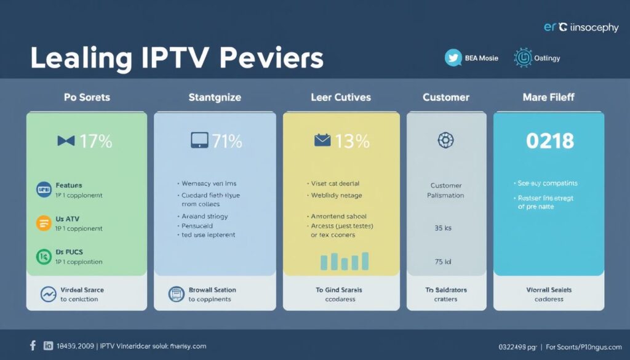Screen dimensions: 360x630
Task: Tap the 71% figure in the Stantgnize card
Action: tap(226, 141)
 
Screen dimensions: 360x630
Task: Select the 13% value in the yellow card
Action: tap(353, 141)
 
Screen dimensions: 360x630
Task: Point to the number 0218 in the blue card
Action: tap(549, 141)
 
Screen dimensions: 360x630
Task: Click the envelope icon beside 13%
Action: tap(322, 141)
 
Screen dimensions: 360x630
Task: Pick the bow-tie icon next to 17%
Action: tap(66, 141)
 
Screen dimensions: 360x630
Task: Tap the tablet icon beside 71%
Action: tap(198, 141)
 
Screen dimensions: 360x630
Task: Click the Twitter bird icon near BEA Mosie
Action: tap(453, 58)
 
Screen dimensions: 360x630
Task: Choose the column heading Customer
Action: tap(446, 97)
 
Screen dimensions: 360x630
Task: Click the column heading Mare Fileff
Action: tap(548, 97)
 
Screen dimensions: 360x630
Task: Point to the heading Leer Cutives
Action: tap(341, 97)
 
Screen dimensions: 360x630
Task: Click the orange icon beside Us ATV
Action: tap(44, 223)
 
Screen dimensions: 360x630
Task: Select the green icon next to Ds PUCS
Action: tap(44, 256)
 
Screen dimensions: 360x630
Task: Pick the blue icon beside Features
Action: tap(44, 190)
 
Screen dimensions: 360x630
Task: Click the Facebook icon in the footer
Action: tap(33, 346)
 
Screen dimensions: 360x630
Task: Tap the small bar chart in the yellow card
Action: tap(345, 261)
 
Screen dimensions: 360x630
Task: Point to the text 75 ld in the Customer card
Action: tap(443, 262)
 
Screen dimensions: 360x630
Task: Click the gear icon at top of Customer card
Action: tap(445, 140)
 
